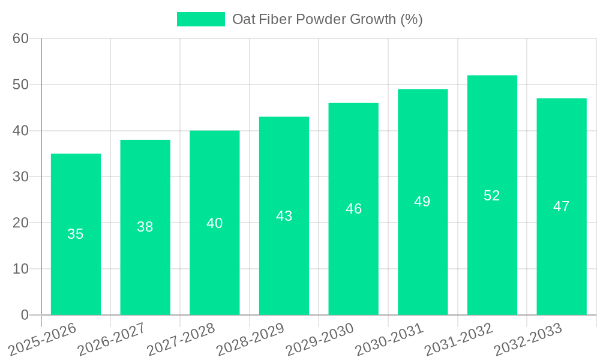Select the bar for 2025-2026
[76, 234]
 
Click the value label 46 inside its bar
[354, 209]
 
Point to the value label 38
[145, 227]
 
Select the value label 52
[492, 196]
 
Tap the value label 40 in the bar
[215, 223]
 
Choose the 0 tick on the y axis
[25, 314]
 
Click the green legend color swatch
[200, 19]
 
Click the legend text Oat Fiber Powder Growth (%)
[327, 19]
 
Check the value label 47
[562, 206]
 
